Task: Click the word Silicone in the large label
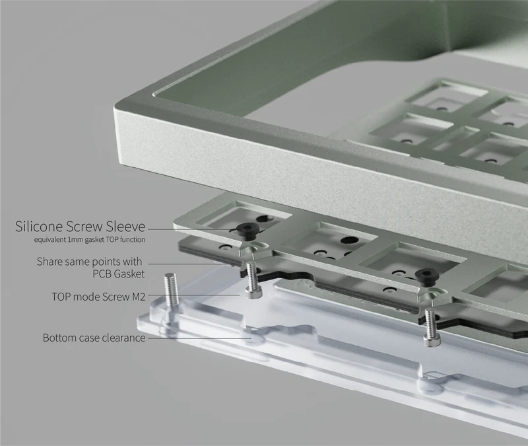40,227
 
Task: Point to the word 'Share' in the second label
50,262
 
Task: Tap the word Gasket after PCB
129,273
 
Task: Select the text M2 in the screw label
137,297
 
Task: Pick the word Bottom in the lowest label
59,338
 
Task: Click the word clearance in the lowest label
122,338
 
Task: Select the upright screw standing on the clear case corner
172,291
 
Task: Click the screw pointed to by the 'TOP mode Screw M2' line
251,281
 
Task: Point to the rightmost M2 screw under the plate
430,328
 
